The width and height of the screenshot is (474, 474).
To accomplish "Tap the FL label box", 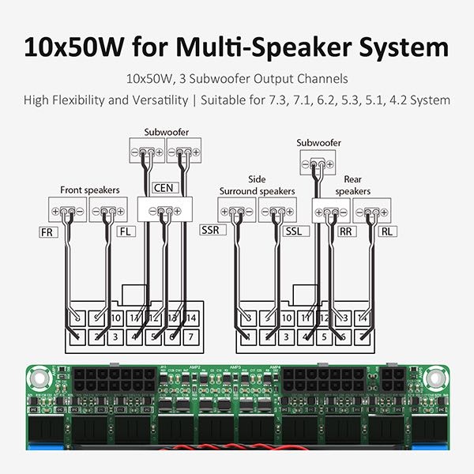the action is pyautogui.click(x=126, y=232).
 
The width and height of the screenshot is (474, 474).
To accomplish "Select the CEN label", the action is pyautogui.click(x=164, y=187).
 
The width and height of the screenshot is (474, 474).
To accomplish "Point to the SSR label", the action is pyautogui.click(x=211, y=230).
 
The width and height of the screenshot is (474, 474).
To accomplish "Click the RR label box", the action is pyautogui.click(x=346, y=231).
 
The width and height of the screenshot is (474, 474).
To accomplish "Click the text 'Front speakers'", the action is pyautogui.click(x=89, y=190).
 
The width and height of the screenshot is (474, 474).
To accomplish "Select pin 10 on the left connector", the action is pyautogui.click(x=115, y=318).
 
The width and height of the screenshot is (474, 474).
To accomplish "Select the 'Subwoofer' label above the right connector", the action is pyautogui.click(x=318, y=143).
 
